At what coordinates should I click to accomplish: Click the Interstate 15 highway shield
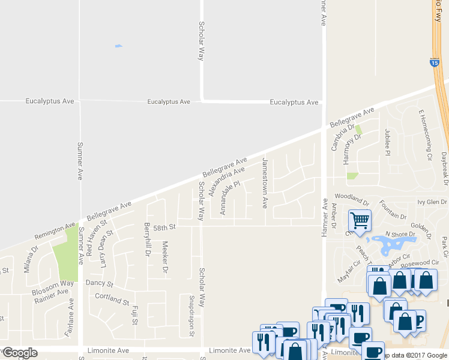coord(435,62)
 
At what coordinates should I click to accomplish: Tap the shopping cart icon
coord(360,220)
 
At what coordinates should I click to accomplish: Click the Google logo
coord(20,352)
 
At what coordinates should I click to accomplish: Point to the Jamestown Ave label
coord(265,183)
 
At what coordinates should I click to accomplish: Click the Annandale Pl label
coord(229,198)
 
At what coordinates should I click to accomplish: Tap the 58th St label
coord(163,228)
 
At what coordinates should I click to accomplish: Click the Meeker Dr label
coord(166,258)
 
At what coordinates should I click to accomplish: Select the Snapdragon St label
coord(191,311)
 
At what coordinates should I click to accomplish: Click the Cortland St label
coord(112,298)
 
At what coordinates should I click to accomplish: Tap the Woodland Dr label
coord(352,197)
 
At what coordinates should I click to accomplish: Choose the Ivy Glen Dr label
coord(432,202)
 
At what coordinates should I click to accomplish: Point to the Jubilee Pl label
coord(388,142)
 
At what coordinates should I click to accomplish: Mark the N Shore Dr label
coord(396,234)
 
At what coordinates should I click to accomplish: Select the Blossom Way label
coord(53,283)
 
